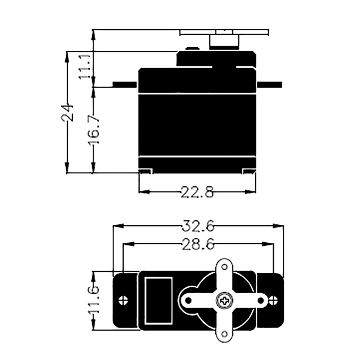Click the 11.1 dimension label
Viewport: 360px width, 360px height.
coord(85,67)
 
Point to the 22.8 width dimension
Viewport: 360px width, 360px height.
coord(197,192)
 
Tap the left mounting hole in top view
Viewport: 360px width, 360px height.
coord(124,300)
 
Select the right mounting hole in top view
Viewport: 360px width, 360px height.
coord(273,300)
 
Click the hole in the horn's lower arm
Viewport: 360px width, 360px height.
coord(224,333)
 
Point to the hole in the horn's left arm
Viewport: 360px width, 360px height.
coord(188,300)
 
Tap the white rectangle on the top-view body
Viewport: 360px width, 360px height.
coord(158,300)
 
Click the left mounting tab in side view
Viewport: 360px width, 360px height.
coord(125,84)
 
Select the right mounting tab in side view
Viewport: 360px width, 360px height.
coord(269,84)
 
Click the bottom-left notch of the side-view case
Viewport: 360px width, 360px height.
coord(146,171)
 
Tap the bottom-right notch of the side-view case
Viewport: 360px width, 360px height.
coord(248,171)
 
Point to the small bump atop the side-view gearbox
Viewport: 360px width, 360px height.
coord(192,49)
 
